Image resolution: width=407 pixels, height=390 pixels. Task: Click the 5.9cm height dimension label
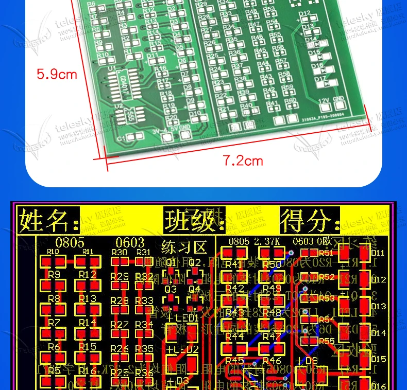pyautogui.click(x=57, y=74)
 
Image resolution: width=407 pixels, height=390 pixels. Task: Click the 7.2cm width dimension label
pyautogui.click(x=243, y=161)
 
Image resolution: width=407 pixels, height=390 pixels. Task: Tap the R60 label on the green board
pyautogui.click(x=290, y=101)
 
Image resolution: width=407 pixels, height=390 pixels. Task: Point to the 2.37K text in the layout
pyautogui.click(x=267, y=241)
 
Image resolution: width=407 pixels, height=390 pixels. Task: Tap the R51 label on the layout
pyautogui.click(x=326, y=253)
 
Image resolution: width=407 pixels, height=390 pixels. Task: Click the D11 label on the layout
pyautogui.click(x=378, y=253)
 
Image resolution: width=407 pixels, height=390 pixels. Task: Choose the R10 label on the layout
pyautogui.click(x=53, y=252)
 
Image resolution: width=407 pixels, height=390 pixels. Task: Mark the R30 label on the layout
pyautogui.click(x=120, y=252)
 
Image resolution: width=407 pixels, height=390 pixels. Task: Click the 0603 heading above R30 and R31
pyautogui.click(x=130, y=242)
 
